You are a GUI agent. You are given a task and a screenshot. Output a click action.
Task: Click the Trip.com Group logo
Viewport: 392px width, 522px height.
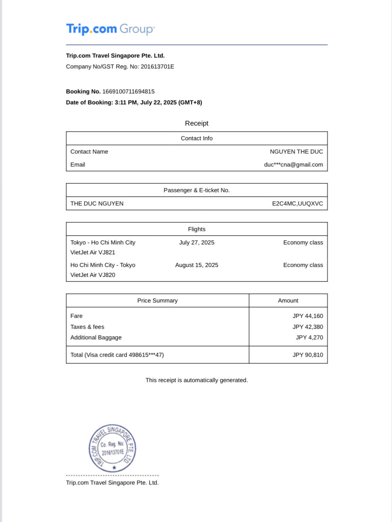coord(110,29)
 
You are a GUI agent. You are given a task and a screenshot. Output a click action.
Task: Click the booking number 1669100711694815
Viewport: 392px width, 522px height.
coord(128,91)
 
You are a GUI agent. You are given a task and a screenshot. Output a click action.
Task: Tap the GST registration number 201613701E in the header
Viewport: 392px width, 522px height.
coord(157,67)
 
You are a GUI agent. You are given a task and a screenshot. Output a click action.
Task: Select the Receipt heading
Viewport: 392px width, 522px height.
coord(197,123)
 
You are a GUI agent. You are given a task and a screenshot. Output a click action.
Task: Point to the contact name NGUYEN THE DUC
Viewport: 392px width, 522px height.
coord(296,152)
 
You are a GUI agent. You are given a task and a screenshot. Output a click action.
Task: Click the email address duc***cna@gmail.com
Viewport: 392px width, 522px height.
coord(293,165)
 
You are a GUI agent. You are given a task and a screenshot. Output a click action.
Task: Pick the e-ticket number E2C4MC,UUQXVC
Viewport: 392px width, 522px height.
coord(297,203)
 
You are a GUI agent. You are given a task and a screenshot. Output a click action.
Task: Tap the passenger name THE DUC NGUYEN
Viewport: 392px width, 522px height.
coord(97,203)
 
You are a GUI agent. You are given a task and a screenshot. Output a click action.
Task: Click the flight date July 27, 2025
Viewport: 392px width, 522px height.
coord(197,242)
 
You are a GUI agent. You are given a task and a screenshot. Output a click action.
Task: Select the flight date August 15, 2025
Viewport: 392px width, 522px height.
coord(197,265)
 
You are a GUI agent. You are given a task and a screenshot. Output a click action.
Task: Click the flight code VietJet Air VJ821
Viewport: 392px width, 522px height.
coord(93,252)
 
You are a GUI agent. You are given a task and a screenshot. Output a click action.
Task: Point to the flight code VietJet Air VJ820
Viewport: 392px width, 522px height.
coord(93,275)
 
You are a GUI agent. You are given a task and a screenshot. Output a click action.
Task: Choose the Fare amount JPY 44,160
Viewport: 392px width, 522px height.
coord(307,316)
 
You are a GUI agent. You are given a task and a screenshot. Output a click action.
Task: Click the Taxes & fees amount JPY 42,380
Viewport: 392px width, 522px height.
coord(307,327)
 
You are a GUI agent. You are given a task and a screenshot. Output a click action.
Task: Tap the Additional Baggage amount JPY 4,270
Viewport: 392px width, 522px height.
coord(309,337)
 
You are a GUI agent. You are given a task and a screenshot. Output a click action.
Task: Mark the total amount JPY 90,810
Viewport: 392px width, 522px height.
coord(307,355)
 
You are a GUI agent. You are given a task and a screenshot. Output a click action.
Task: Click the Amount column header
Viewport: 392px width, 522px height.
coord(288,300)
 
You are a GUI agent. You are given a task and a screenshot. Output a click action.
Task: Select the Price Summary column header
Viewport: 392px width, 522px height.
coord(157,300)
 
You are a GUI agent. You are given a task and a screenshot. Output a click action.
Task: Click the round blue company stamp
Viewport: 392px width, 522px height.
coord(112,448)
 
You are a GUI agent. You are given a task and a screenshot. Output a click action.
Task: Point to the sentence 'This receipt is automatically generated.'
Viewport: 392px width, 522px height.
coord(197,380)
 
